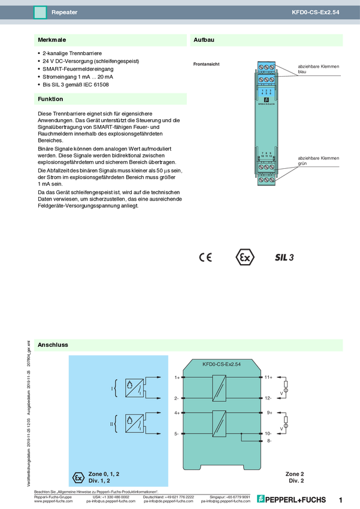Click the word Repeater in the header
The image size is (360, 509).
point(64,12)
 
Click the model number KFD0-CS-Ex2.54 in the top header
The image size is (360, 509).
point(315,12)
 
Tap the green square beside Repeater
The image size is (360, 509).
point(40,12)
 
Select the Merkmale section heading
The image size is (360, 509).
point(52,40)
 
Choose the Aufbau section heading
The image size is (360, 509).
point(204,40)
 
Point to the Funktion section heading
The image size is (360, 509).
point(50,99)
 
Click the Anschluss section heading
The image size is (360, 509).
point(53,345)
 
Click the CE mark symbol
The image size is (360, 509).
point(205,257)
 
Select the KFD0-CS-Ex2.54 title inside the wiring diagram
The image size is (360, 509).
point(222,363)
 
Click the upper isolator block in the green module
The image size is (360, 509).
point(220,387)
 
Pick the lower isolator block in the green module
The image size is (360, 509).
point(220,423)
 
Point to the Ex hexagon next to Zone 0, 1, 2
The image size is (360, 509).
point(77,477)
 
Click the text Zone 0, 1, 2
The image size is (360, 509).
point(104,474)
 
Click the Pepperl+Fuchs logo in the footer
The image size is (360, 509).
point(292,499)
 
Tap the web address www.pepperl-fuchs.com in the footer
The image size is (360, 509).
point(54,501)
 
